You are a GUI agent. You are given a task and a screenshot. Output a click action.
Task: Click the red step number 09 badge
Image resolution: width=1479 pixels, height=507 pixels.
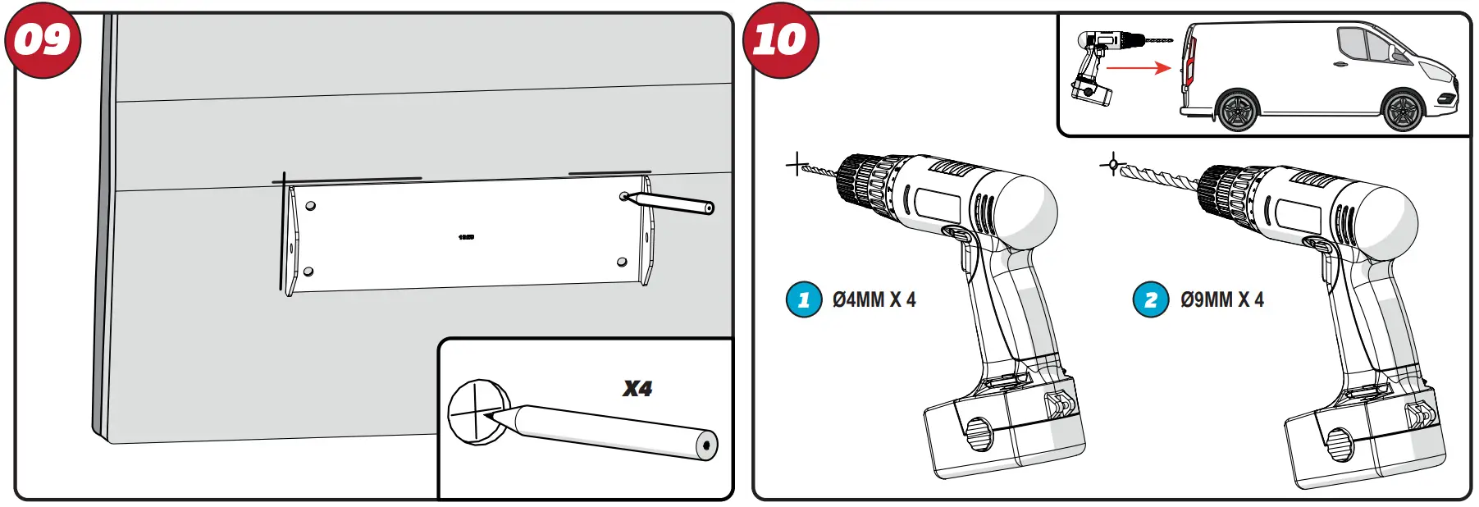43,40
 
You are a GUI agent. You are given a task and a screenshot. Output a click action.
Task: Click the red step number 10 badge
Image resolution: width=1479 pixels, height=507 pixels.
780,40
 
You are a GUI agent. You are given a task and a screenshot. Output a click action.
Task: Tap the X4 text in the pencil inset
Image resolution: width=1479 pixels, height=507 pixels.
637,389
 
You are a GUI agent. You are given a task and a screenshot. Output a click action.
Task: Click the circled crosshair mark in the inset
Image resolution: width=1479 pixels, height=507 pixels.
475,412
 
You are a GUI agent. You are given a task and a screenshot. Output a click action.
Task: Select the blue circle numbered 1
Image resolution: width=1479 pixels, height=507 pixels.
803,300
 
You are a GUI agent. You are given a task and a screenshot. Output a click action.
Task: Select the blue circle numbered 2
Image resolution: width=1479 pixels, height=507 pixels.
1150,300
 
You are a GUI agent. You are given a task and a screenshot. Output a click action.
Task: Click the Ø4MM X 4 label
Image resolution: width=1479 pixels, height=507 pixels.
874,300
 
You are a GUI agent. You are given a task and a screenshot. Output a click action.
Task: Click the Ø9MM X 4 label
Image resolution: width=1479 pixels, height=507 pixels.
1221,300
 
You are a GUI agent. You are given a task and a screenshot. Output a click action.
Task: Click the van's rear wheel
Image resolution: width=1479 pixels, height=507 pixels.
1237,110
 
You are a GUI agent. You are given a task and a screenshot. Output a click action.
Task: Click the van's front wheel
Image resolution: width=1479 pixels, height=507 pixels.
1403,110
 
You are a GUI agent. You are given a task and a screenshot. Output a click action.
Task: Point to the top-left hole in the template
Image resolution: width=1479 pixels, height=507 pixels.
310,205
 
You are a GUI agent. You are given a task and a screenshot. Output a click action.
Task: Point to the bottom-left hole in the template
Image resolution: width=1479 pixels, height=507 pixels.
308,272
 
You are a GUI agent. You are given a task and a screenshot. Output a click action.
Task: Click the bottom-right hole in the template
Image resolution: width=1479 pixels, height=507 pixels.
622,263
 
